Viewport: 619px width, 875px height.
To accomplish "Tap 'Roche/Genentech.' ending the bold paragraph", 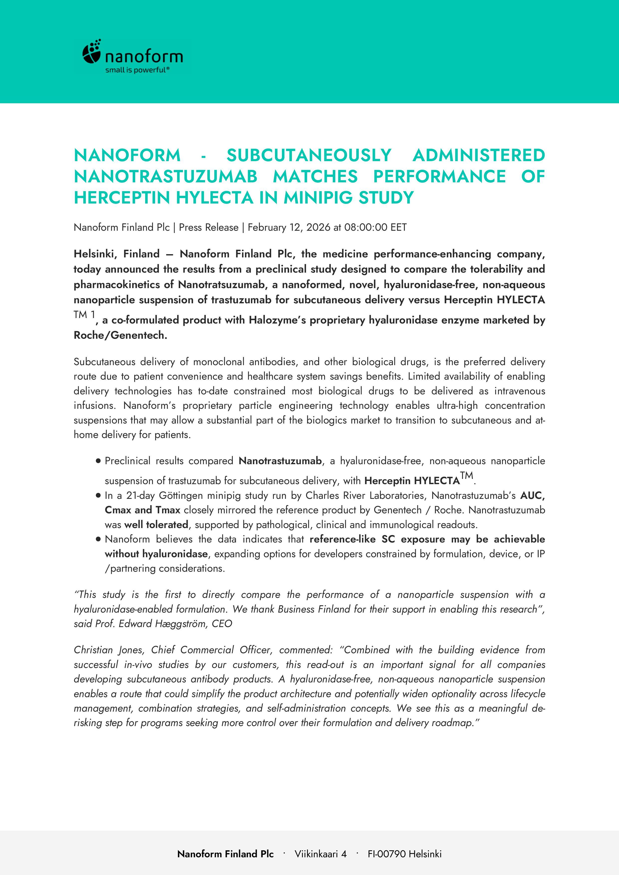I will (x=121, y=335).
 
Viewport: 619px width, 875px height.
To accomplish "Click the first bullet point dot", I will (x=98, y=461).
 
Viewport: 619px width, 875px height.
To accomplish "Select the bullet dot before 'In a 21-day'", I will (x=98, y=496).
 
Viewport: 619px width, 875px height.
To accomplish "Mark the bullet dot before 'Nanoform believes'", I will (x=98, y=539).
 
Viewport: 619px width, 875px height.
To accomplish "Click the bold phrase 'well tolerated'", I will (x=156, y=525).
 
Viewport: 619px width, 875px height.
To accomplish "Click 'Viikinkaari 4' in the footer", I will (x=321, y=854).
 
